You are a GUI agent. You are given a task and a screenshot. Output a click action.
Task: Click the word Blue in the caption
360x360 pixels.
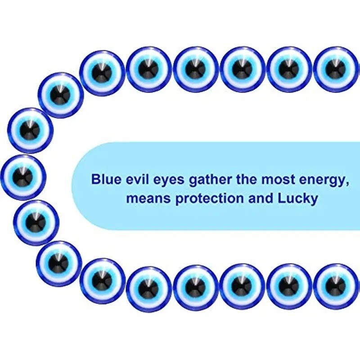pos(106,179)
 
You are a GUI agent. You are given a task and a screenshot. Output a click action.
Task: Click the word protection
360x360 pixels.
pos(209,198)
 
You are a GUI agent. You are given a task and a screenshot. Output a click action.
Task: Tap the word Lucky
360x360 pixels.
pos(298,199)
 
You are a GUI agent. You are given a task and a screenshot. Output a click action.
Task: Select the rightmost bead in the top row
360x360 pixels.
pos(336,69)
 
